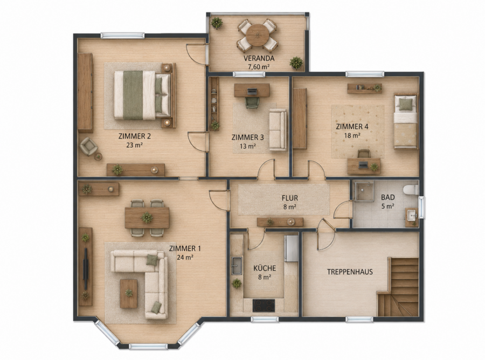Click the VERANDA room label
click(259, 58)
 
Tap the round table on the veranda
click(258, 35)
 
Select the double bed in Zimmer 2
click(142, 95)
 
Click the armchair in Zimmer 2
click(88, 146)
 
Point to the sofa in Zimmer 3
click(278, 129)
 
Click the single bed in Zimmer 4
click(405, 121)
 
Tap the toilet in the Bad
click(411, 189)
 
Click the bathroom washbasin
click(411, 215)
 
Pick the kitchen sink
click(237, 265)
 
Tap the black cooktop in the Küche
click(264, 306)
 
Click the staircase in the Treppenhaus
click(398, 287)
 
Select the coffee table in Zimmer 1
click(128, 294)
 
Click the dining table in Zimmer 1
click(147, 218)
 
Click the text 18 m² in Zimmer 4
click(352, 135)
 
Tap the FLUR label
click(290, 198)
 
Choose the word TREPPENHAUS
click(350, 272)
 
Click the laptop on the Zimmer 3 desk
click(252, 91)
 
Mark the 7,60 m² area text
click(259, 66)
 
